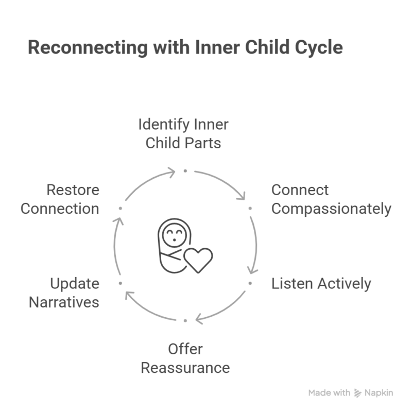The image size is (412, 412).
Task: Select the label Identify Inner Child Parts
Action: point(183,133)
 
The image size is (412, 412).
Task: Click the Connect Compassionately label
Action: point(331,199)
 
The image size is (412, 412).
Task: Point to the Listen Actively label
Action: point(321,283)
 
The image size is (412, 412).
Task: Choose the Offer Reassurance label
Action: point(185,358)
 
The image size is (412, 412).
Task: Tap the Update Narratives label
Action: point(64,293)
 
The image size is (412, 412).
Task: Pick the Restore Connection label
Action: point(60,199)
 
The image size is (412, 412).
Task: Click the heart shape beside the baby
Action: point(198,260)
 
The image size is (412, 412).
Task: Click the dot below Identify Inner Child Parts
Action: point(185,170)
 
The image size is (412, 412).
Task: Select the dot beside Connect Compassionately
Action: point(250,208)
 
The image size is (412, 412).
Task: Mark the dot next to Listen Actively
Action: point(250,283)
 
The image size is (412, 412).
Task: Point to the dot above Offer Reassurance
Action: point(185,320)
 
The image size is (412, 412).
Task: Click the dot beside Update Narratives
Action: point(120,283)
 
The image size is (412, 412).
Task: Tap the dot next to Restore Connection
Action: point(120,208)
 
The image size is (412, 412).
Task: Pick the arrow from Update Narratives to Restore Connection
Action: point(115,246)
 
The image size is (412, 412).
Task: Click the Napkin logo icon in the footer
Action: point(358,393)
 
